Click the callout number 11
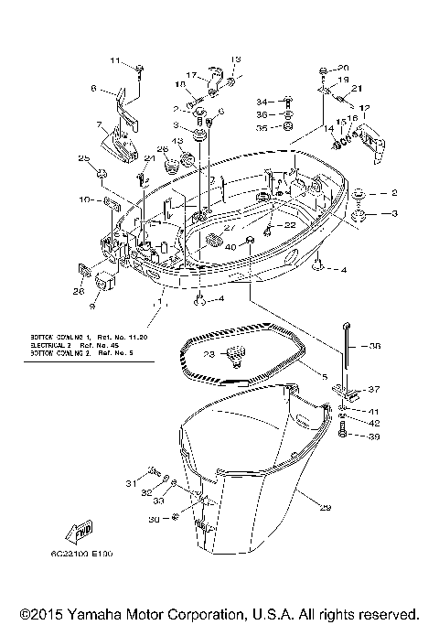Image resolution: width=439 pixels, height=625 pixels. point(116,61)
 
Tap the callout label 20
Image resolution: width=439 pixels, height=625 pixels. point(343,69)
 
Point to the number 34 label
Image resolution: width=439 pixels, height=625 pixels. point(261,102)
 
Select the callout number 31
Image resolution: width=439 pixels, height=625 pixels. point(131,482)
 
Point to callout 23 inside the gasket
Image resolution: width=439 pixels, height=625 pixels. point(209,353)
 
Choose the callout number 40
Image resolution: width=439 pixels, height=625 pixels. point(230,247)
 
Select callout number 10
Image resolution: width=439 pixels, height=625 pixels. point(84,199)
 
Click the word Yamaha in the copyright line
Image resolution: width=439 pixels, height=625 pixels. point(112,613)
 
